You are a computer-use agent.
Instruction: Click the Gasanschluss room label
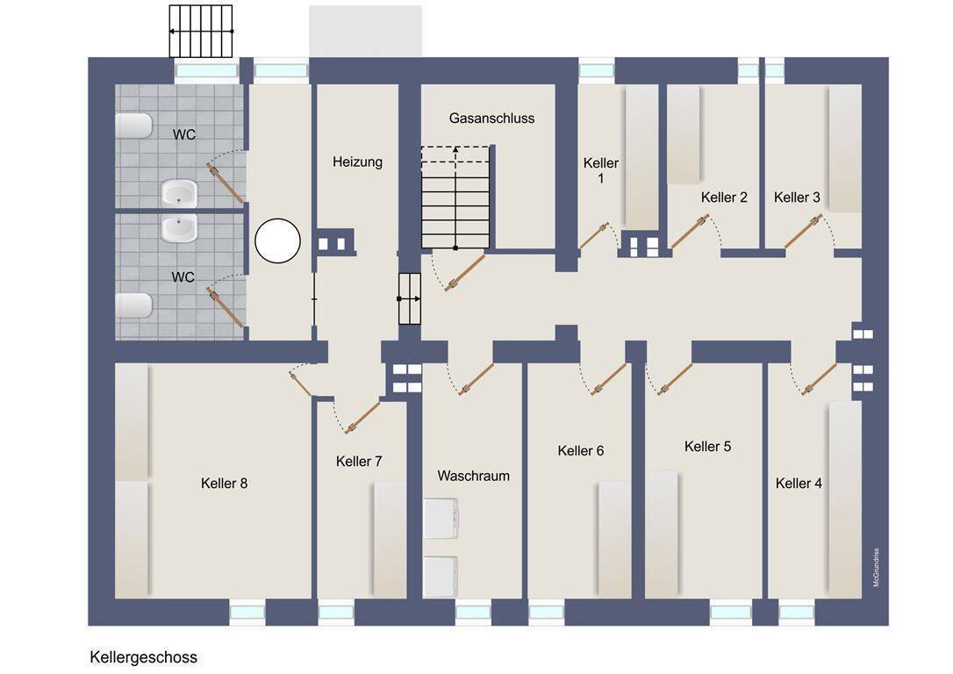coord(491,118)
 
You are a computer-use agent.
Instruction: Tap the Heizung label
coord(357,161)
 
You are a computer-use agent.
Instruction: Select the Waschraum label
coord(474,476)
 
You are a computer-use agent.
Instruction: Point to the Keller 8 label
coord(225,484)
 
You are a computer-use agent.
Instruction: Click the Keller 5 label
coord(707,446)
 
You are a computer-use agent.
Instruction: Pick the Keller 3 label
coord(797,197)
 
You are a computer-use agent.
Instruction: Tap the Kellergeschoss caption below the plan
coord(143,657)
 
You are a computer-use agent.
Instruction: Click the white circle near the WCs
coord(278,240)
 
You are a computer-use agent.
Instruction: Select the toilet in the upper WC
coord(133,125)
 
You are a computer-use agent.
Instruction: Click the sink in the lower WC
coord(179,228)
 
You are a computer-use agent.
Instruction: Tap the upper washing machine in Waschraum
coord(441,518)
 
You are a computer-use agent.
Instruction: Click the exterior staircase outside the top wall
coord(201,31)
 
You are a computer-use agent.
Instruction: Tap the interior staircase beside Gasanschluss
coord(455,197)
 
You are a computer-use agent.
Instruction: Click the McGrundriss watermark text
coord(876,567)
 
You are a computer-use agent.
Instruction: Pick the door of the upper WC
coord(226,183)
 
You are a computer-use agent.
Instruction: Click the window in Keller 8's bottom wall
coord(247,612)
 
